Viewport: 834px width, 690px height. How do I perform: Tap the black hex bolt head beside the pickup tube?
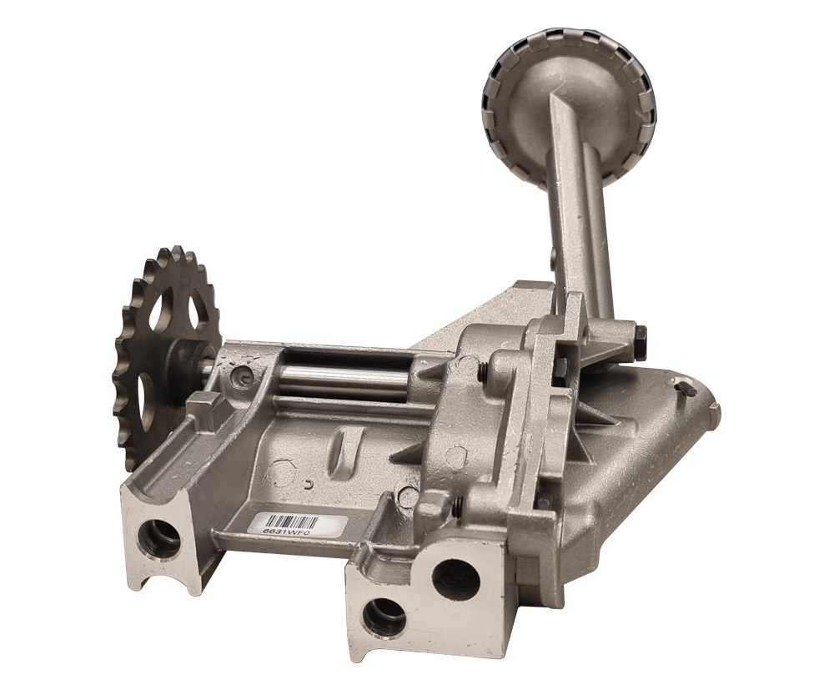pyautogui.click(x=641, y=336)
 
